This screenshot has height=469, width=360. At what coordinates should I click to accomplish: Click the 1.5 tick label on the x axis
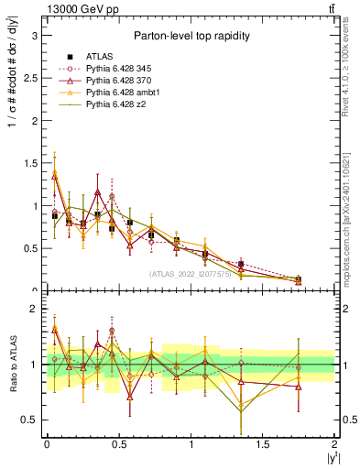(263, 443)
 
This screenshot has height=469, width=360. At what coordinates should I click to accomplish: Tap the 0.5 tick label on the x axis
(118, 443)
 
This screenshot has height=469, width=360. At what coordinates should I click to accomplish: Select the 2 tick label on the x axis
(335, 443)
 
